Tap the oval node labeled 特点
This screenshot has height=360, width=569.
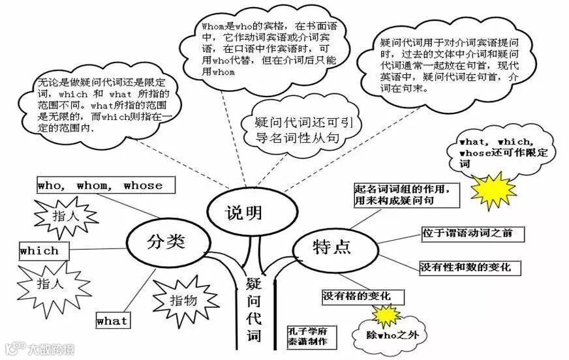(332, 247)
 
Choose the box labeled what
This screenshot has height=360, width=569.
(112, 321)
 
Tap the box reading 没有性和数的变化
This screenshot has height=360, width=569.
(465, 267)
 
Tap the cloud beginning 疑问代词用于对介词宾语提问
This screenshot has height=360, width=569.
(446, 65)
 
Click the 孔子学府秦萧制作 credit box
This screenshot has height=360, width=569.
(307, 336)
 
